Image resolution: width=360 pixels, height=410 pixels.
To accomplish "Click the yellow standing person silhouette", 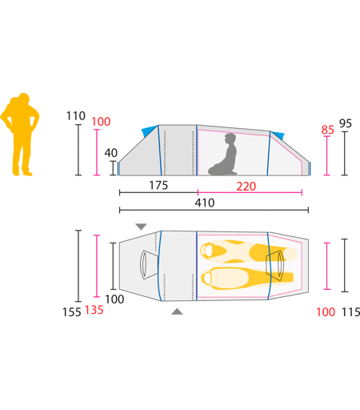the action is [20, 135].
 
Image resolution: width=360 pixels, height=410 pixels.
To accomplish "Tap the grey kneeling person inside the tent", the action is [223, 155].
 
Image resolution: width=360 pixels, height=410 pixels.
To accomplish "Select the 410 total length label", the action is [205, 203].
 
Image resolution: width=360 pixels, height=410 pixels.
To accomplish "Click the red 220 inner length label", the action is [246, 186].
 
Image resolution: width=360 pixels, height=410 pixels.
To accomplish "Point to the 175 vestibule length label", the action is [158, 185].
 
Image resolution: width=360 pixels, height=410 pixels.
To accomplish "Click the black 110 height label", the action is [76, 116].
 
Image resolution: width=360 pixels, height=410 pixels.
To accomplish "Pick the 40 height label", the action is [110, 153].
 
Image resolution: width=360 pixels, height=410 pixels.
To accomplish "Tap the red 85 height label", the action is [327, 130].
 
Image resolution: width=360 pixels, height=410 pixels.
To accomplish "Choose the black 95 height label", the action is [346, 123].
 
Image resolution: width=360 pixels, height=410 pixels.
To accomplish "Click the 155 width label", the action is [71, 312].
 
